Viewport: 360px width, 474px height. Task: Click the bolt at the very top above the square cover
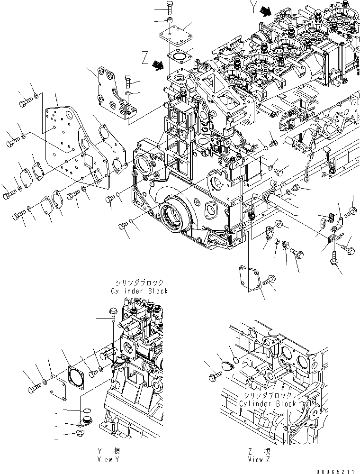click(171, 6)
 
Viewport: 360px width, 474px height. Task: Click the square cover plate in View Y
click(58, 380)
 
